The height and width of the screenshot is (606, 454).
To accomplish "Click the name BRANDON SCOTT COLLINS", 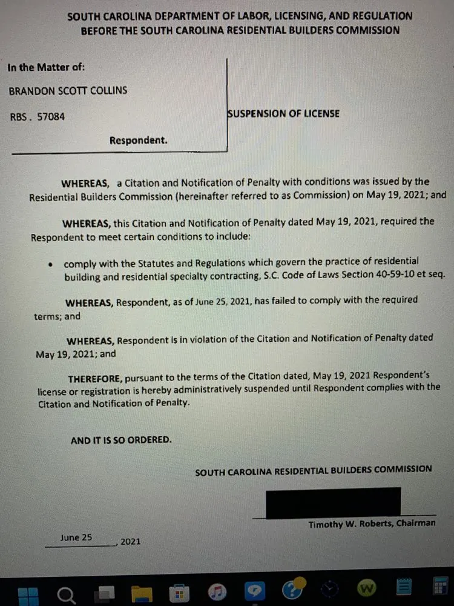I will coord(68,92).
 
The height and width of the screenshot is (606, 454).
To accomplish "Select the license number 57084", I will coord(51,117).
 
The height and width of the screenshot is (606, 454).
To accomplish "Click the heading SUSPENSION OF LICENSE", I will coord(283,113).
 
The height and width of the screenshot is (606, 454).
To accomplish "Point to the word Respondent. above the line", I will coord(138,141).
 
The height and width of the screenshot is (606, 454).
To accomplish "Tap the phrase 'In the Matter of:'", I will coord(46,67).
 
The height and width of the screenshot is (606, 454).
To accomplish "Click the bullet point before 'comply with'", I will coord(51,264).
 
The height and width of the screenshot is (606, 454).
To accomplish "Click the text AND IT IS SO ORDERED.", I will coord(121,441).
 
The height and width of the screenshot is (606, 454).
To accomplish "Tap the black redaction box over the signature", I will coord(334,502).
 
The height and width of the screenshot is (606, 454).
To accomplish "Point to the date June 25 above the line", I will coord(76,538).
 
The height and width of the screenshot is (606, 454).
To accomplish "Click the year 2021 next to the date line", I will coord(130,542).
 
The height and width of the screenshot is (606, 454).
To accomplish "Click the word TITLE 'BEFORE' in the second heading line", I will coord(99,30).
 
